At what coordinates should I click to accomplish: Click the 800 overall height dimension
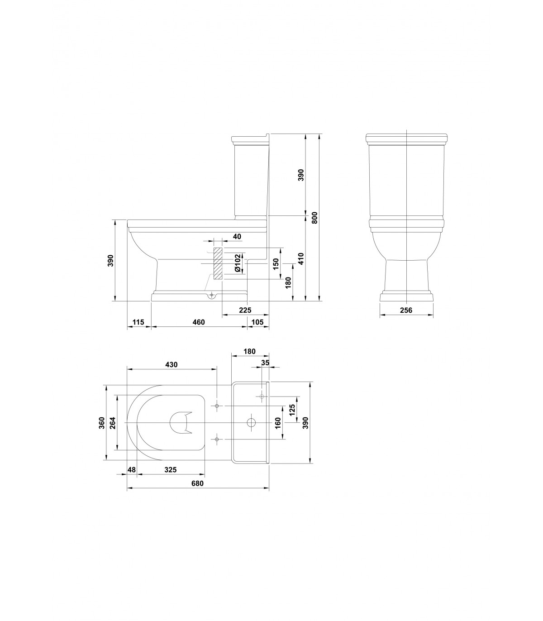pyautogui.click(x=314, y=218)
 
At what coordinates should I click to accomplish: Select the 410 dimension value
pyautogui.click(x=301, y=258)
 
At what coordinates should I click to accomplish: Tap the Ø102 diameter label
pyautogui.click(x=238, y=263)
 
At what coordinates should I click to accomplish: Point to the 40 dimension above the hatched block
pyautogui.click(x=237, y=236)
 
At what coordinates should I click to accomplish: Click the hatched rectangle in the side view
pyautogui.click(x=218, y=263)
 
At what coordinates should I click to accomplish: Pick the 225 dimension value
pyautogui.click(x=245, y=310)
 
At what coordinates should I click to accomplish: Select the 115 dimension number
pyautogui.click(x=138, y=322)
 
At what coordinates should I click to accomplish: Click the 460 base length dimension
pyautogui.click(x=199, y=322)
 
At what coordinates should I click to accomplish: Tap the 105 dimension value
pyautogui.click(x=257, y=322)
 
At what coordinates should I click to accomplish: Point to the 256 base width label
pyautogui.click(x=406, y=310)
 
